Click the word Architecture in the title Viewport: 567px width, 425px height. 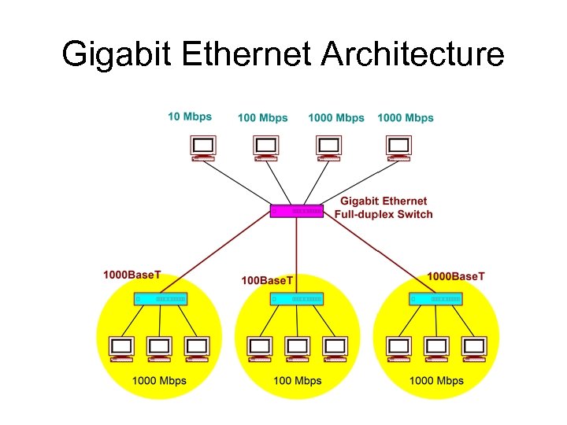click(413, 55)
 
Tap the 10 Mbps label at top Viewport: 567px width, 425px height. click(190, 117)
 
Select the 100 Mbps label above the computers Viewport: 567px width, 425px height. click(263, 118)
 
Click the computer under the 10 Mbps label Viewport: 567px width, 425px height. click(203, 147)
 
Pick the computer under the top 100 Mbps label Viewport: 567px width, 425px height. click(266, 147)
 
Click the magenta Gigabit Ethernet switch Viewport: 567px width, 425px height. click(297, 211)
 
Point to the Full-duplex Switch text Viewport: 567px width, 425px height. click(384, 214)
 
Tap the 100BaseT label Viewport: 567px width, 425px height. click(267, 280)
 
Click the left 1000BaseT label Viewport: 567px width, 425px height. click(132, 275)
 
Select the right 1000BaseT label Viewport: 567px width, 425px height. click(456, 276)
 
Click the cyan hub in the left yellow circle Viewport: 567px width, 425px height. click(160, 299)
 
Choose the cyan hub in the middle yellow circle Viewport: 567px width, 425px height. click(297, 299)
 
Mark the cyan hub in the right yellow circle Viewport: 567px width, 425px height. click(435, 299)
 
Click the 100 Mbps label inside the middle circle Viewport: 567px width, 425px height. click(297, 381)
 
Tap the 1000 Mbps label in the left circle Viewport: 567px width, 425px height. click(159, 381)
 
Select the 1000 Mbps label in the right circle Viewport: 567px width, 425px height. click(436, 381)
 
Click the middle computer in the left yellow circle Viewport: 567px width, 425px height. click(160, 349)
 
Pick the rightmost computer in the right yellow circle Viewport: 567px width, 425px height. click(474, 349)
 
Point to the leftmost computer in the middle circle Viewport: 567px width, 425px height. click(259, 349)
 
